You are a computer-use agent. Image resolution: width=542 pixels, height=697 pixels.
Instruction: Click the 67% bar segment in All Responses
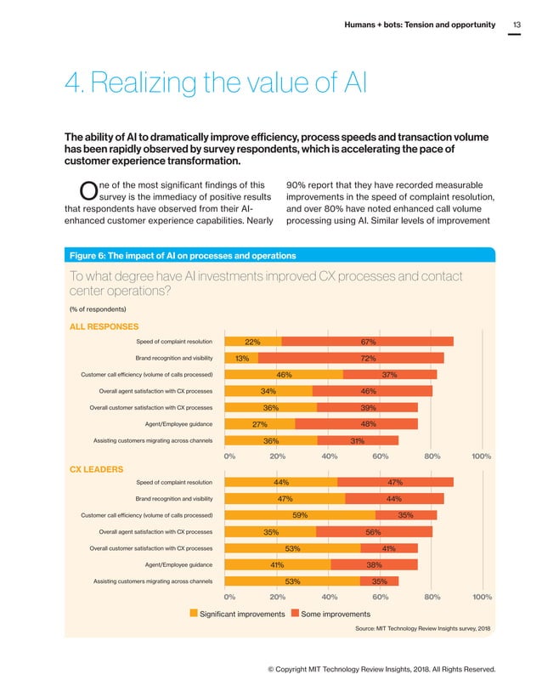coord(367,342)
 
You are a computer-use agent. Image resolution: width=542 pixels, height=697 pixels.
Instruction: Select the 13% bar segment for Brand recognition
coord(241,358)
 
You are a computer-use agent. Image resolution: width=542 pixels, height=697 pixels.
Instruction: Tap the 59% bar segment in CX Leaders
coord(299,515)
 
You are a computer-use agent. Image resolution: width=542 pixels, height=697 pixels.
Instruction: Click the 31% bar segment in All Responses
coord(358,439)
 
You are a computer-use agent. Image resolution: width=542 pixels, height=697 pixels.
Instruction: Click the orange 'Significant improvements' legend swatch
coord(194,613)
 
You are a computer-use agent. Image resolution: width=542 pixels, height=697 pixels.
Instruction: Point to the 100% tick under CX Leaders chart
coord(482,597)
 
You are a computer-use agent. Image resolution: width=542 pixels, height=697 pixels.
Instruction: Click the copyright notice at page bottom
coord(381,670)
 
